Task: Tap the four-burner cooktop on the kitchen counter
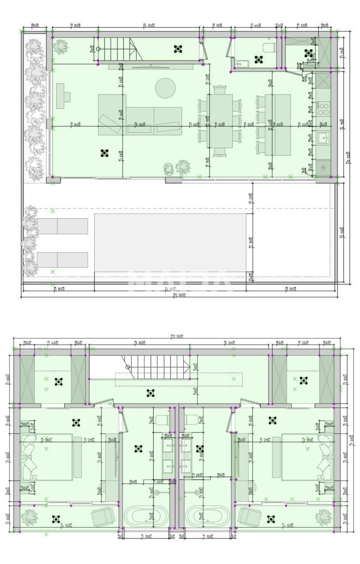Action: pos(323,108)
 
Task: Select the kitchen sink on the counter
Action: pos(323,138)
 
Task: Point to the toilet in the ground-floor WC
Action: pos(269,47)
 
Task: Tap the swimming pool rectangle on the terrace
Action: pos(170,243)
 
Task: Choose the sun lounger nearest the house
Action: pos(63,226)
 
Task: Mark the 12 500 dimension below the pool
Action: pos(178,295)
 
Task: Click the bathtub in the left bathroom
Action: pos(145,516)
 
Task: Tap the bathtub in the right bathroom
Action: pos(208,516)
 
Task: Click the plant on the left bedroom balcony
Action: pos(30,517)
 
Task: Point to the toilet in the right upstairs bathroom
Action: pos(193,419)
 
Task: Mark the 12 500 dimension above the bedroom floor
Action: pos(177,337)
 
